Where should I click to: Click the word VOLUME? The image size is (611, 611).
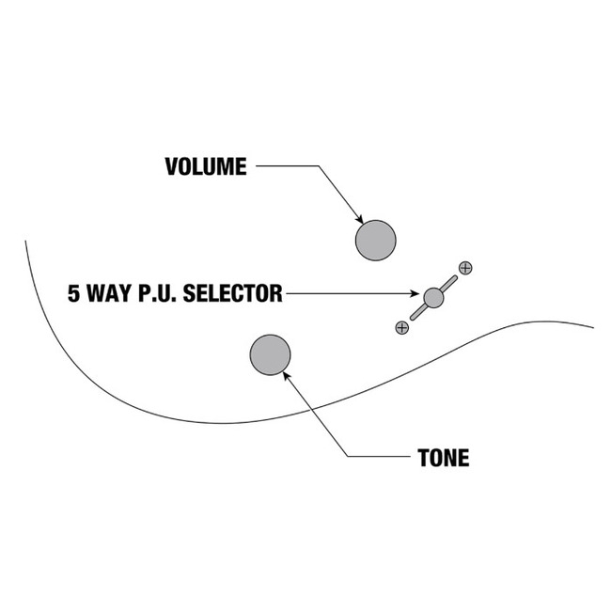point(206,167)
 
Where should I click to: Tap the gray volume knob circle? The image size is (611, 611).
point(375,240)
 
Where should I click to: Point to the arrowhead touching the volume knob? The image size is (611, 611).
point(359,218)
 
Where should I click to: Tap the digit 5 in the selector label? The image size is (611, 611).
point(74,294)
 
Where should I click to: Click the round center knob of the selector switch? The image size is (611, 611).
point(433,298)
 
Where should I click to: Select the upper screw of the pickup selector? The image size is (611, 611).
point(465,268)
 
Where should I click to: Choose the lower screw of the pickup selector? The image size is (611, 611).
point(402,327)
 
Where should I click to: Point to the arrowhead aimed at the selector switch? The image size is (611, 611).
point(417,295)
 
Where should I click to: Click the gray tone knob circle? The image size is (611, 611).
point(270,354)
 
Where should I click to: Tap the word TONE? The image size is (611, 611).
point(443,459)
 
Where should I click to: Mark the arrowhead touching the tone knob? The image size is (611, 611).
point(286,374)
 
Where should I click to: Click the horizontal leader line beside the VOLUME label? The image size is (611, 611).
point(287,167)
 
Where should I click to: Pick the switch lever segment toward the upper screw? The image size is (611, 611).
point(449,283)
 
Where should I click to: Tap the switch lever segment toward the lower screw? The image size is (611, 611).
point(418,312)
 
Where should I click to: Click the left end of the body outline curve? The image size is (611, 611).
point(26,243)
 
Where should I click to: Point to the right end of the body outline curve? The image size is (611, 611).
point(592,327)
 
